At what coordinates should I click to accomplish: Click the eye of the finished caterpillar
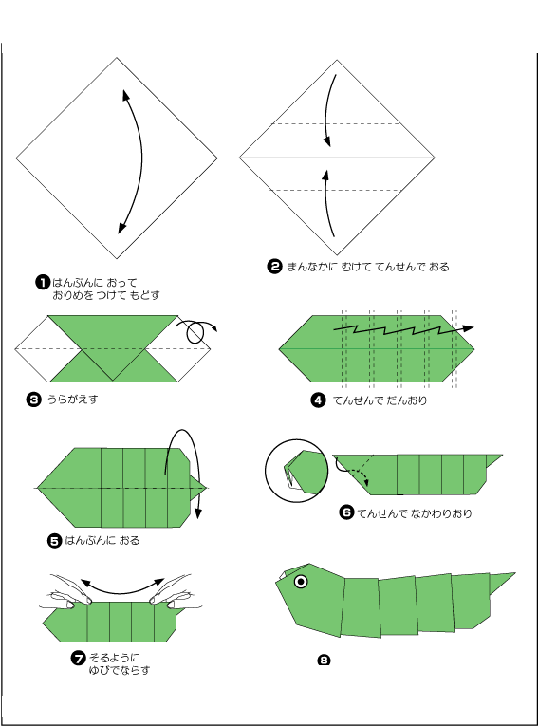tap(301, 582)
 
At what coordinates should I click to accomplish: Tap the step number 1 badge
tap(43, 282)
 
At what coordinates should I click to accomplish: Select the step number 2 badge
tap(274, 267)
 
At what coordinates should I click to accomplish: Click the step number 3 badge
tap(34, 400)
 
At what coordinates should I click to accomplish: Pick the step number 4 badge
tap(318, 400)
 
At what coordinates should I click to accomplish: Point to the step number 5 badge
tap(55, 540)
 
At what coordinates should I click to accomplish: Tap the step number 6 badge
tap(346, 512)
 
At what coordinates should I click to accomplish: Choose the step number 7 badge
tap(78, 658)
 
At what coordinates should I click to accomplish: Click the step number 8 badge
tap(324, 660)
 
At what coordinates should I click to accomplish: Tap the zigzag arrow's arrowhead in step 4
tap(468, 328)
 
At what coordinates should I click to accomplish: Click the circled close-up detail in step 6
tap(297, 471)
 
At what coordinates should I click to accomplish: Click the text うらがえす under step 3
tap(72, 400)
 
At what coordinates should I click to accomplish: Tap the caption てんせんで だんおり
tap(380, 400)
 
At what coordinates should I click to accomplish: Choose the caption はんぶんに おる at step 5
tap(102, 540)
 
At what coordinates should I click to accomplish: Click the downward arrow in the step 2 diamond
tap(326, 110)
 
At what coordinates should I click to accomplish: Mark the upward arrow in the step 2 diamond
tap(327, 203)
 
